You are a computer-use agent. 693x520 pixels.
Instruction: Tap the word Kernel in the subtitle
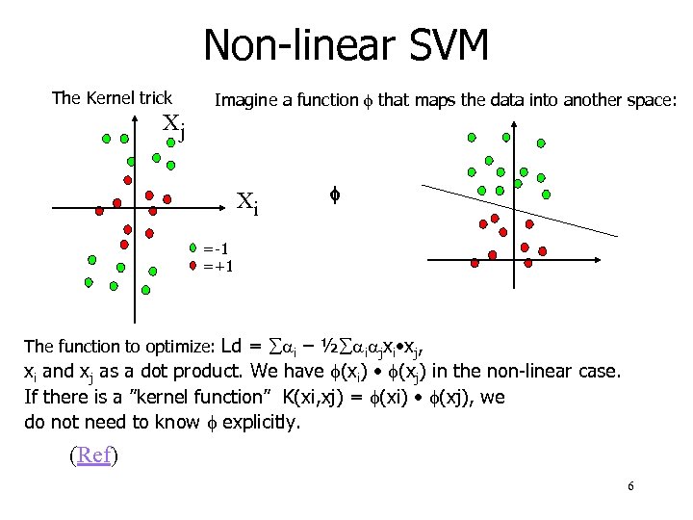click(x=112, y=97)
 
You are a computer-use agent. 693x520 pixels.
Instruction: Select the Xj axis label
click(x=173, y=125)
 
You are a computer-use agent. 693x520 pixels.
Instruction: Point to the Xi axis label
click(x=247, y=203)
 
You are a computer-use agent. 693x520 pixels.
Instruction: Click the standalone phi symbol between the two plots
click(x=335, y=195)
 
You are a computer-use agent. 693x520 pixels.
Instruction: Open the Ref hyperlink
click(x=94, y=455)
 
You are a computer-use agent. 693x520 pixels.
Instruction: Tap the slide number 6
click(x=629, y=486)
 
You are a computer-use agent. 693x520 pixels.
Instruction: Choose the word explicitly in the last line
click(x=263, y=421)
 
